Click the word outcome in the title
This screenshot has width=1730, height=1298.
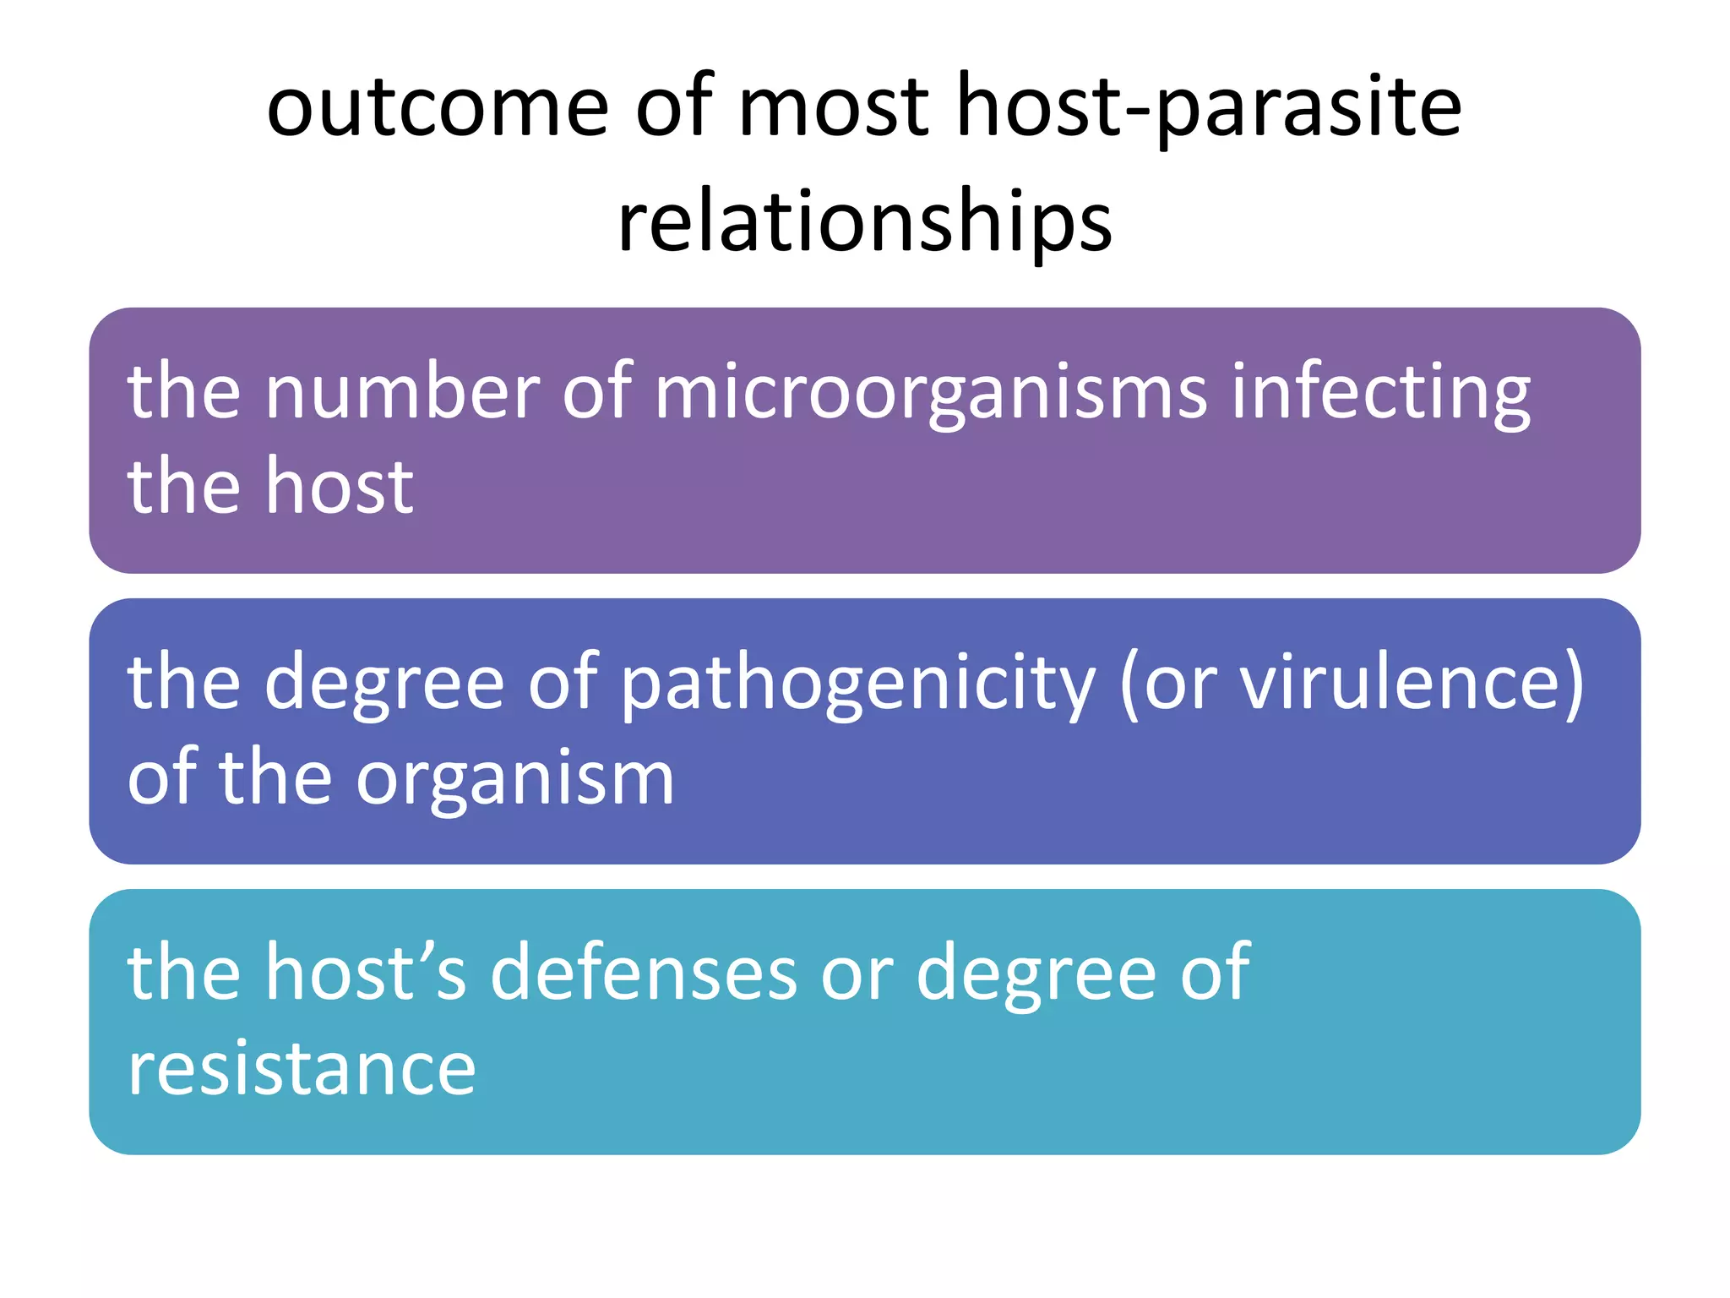click(437, 107)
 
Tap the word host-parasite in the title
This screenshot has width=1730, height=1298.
click(1208, 107)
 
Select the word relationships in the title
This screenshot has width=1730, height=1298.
click(865, 221)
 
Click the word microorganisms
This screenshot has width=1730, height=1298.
click(930, 391)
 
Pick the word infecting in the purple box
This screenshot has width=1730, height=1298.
click(1380, 391)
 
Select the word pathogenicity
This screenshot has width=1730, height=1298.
click(857, 682)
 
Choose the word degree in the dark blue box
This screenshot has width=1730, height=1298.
click(384, 682)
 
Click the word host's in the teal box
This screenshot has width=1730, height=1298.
click(366, 973)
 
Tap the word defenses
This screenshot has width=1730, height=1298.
click(644, 973)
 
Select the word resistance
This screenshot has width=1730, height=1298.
click(302, 1068)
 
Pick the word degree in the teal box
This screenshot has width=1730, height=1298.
click(1036, 973)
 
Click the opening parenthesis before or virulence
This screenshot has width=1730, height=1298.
click(1129, 684)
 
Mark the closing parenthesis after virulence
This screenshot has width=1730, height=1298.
click(1573, 684)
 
